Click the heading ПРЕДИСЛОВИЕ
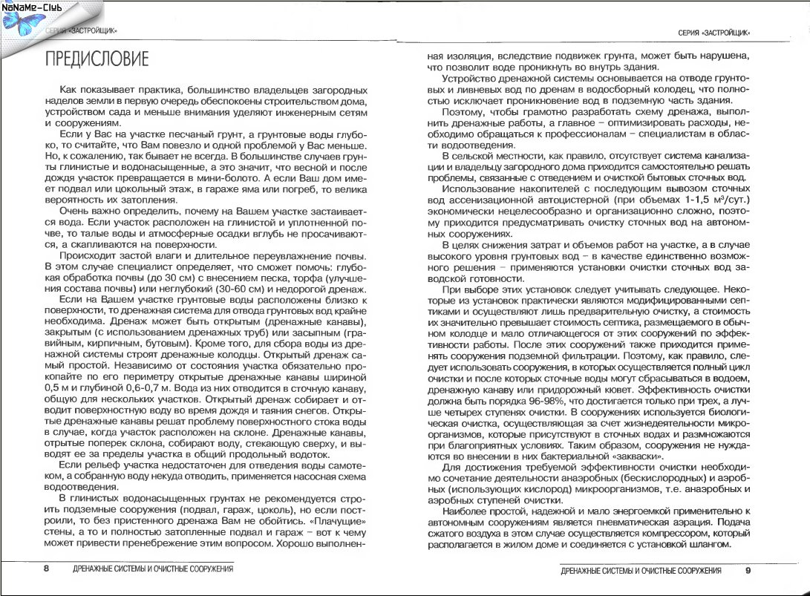coord(97,59)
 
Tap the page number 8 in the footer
coord(46,569)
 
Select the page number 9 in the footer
coord(748,570)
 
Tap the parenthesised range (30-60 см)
coord(235,288)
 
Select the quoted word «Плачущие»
coord(339,523)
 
